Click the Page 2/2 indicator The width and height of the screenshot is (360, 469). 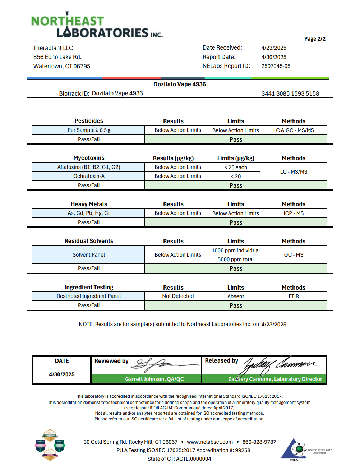pyautogui.click(x=315, y=39)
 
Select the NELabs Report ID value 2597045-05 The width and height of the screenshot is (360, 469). pyautogui.click(x=276, y=66)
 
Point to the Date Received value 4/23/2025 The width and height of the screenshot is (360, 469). pyautogui.click(x=273, y=48)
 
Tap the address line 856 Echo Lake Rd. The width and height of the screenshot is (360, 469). pyautogui.click(x=57, y=57)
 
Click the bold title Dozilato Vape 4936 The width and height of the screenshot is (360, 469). pyautogui.click(x=180, y=84)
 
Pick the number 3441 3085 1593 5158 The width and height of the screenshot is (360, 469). pyautogui.click(x=290, y=93)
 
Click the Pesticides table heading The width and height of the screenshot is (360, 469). pyautogui.click(x=89, y=121)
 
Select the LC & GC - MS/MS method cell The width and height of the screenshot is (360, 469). pyautogui.click(x=294, y=130)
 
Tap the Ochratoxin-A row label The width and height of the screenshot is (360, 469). pyautogui.click(x=89, y=176)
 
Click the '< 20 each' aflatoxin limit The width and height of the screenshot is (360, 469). pyautogui.click(x=236, y=167)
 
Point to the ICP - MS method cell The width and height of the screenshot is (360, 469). pyautogui.click(x=294, y=213)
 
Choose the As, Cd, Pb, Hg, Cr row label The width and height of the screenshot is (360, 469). pyautogui.click(x=89, y=213)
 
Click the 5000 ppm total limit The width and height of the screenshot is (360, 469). pyautogui.click(x=236, y=259)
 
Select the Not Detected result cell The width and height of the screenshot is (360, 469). pyautogui.click(x=178, y=296)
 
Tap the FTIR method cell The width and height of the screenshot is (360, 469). pyautogui.click(x=294, y=296)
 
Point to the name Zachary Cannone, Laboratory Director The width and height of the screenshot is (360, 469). pyautogui.click(x=275, y=379)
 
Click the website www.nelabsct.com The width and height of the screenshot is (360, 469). pyautogui.click(x=210, y=442)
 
